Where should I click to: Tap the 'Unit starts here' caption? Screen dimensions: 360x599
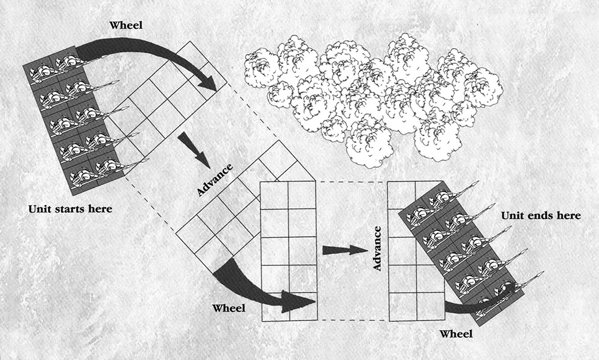tap(70, 209)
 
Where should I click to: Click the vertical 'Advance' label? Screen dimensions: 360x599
tap(377, 248)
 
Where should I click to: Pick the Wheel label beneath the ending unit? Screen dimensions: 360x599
tap(457, 333)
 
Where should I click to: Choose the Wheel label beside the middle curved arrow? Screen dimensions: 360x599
tap(230, 308)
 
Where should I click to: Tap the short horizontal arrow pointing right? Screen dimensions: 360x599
tap(344, 250)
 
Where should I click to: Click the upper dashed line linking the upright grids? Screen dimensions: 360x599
tap(352, 181)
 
